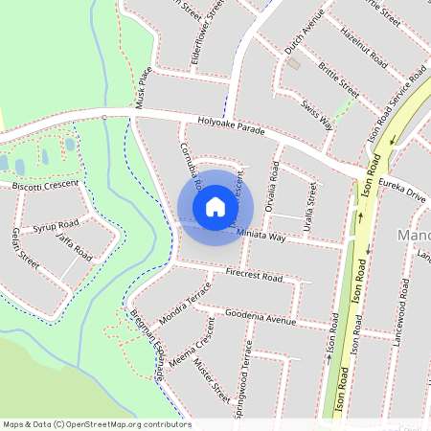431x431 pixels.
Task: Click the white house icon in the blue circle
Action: (x=215, y=207)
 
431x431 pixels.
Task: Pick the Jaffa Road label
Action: (x=74, y=246)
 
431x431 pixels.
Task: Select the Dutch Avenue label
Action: (x=305, y=33)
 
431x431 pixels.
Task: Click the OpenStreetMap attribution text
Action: (x=96, y=424)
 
